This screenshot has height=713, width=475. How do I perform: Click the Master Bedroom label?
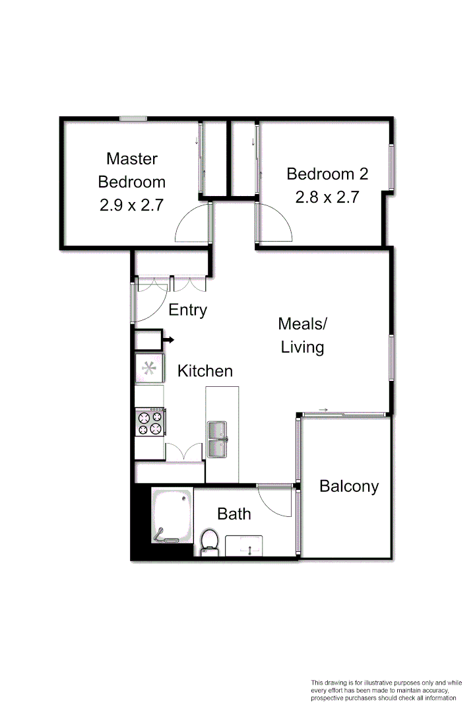click(132, 170)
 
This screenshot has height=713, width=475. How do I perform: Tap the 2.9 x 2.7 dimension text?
click(131, 205)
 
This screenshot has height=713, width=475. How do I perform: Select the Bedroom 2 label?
click(327, 174)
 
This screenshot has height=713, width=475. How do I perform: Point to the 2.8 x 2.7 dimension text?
click(327, 197)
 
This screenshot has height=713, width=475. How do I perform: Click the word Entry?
click(188, 310)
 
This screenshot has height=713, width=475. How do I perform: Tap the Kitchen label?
click(205, 371)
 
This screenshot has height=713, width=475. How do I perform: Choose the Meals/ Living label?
click(303, 335)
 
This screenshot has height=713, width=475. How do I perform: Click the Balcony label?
click(349, 487)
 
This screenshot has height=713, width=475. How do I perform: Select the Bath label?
click(234, 513)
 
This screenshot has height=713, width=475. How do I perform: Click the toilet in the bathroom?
click(210, 540)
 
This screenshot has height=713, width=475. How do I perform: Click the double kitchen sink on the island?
click(217, 439)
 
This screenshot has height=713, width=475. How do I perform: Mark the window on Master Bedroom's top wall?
click(133, 119)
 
